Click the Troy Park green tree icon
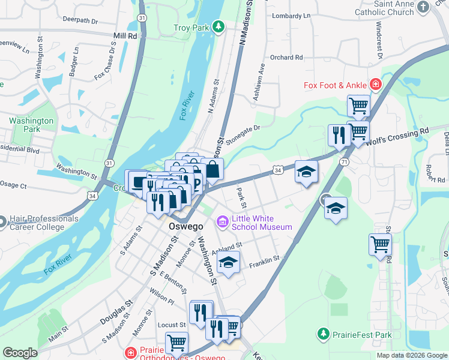[219, 27]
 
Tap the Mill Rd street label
[125, 36]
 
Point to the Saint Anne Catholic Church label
[402, 7]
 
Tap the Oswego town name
[183, 227]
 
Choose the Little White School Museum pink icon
[223, 223]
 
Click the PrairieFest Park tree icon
[324, 333]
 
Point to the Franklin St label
[265, 259]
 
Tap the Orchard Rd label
[286, 58]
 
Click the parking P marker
[196, 183]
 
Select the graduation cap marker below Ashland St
[228, 263]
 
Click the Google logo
[20, 353]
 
